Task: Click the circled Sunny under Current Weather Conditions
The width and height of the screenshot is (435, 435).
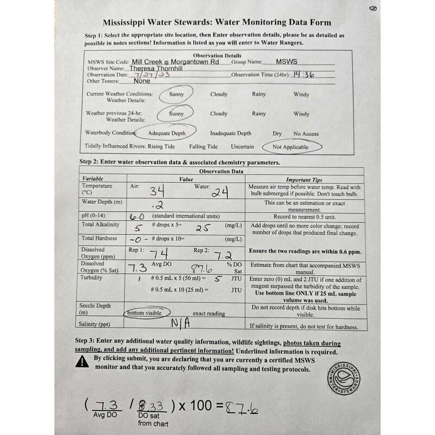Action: tap(176, 94)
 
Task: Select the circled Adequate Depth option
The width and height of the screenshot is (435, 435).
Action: tap(167, 133)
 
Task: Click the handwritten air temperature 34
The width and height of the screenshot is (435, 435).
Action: tap(158, 191)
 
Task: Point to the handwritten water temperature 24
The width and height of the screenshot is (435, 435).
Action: tap(220, 192)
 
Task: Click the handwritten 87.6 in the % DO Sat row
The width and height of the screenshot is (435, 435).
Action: tap(201, 268)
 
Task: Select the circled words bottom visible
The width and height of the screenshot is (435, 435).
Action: tap(144, 313)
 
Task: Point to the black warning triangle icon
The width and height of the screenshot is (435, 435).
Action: tap(83, 361)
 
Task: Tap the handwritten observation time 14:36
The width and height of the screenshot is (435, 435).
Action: tap(303, 76)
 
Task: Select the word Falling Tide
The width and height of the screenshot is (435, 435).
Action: tap(203, 147)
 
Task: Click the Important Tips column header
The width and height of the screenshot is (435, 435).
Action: tap(304, 179)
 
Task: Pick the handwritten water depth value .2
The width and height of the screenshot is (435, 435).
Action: tap(144, 205)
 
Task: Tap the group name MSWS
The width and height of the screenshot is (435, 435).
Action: tap(287, 63)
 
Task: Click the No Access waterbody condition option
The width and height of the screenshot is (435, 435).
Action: tap(306, 134)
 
